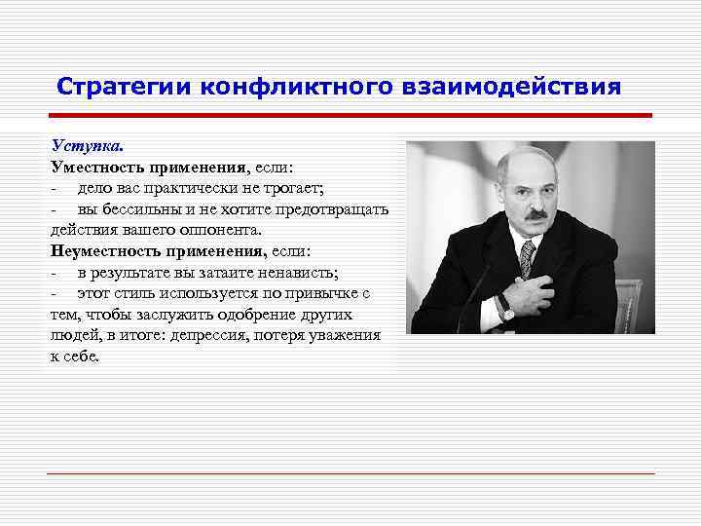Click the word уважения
[346, 334]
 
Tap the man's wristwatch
[505, 307]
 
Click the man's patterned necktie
[527, 259]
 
